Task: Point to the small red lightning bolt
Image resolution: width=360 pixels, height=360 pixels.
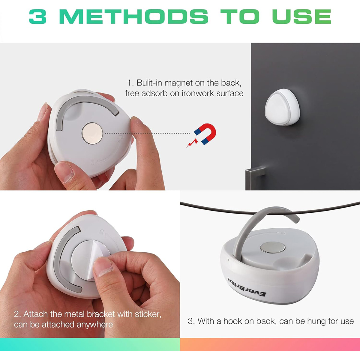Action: pos(192,143)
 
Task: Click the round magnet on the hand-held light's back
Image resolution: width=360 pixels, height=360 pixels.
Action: pos(92,133)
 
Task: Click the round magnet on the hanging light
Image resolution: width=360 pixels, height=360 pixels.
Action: pos(272,247)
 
